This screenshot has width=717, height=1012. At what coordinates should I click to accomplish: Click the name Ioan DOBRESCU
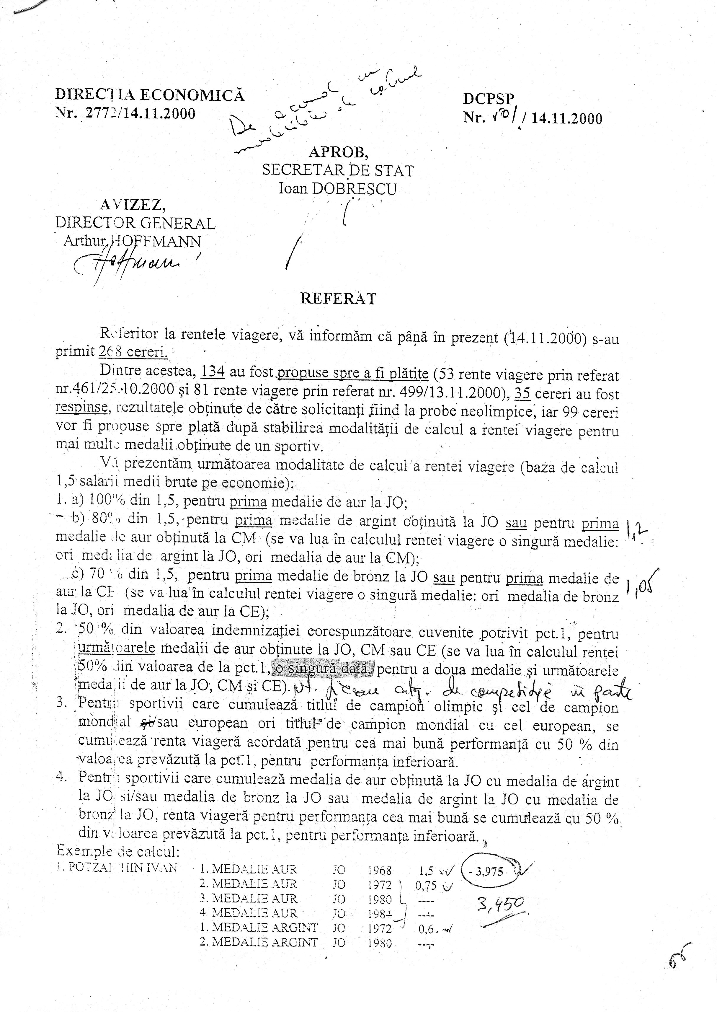[338, 189]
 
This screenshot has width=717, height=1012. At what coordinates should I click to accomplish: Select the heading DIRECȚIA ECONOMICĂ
[150, 95]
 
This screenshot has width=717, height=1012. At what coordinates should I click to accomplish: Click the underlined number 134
[213, 372]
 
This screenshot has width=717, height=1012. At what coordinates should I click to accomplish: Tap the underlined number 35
[523, 393]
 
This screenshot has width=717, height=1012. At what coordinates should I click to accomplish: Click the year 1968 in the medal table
[379, 870]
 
